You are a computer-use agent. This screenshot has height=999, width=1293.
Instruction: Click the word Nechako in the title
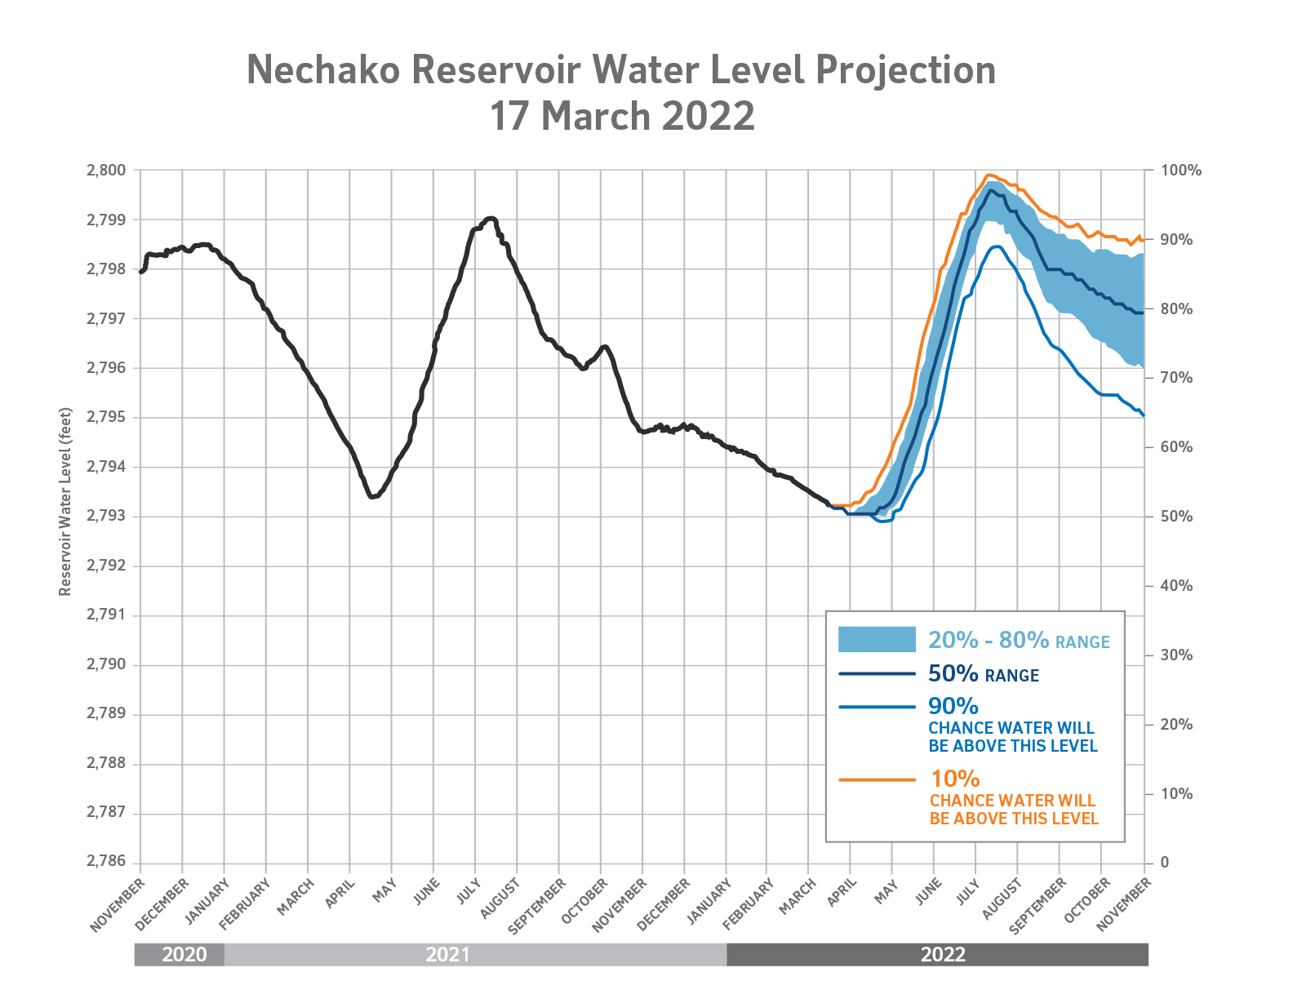pyautogui.click(x=323, y=70)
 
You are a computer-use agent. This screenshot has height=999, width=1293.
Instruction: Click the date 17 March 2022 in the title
pyautogui.click(x=621, y=117)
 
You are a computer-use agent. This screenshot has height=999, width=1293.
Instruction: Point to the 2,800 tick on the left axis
pyautogui.click(x=106, y=171)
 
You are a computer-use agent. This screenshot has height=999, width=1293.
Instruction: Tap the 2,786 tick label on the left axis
pyautogui.click(x=106, y=863)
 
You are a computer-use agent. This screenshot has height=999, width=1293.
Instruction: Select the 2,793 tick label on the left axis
pyautogui.click(x=106, y=517)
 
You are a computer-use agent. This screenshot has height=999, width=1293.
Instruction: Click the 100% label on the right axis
pyautogui.click(x=1181, y=171)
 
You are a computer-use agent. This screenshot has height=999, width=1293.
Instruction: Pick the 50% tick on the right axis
pyautogui.click(x=1175, y=517)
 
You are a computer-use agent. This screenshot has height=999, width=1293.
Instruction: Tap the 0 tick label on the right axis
pyautogui.click(x=1165, y=863)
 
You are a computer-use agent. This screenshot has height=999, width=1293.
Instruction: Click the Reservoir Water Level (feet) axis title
pyautogui.click(x=66, y=502)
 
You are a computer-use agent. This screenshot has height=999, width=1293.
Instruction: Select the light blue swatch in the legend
pyautogui.click(x=877, y=639)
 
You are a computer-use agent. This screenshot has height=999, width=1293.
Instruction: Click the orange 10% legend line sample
pyautogui.click(x=877, y=779)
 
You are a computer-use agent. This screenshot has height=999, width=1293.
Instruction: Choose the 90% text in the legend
pyautogui.click(x=953, y=706)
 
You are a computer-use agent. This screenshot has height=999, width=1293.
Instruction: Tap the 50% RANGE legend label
pyautogui.click(x=983, y=674)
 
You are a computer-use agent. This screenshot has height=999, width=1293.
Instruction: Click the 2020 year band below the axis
pyautogui.click(x=184, y=954)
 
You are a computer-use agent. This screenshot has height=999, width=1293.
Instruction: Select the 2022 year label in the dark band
pyautogui.click(x=943, y=954)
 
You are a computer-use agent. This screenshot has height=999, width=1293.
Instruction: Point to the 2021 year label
pyautogui.click(x=447, y=954)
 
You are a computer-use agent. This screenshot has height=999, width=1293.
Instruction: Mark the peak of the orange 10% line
pyautogui.click(x=989, y=175)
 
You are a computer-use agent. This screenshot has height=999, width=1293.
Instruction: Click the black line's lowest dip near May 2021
pyautogui.click(x=371, y=496)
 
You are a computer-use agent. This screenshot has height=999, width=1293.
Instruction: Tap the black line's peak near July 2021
pyautogui.click(x=491, y=218)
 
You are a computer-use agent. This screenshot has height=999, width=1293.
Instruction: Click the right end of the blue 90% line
pyautogui.click(x=1143, y=415)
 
